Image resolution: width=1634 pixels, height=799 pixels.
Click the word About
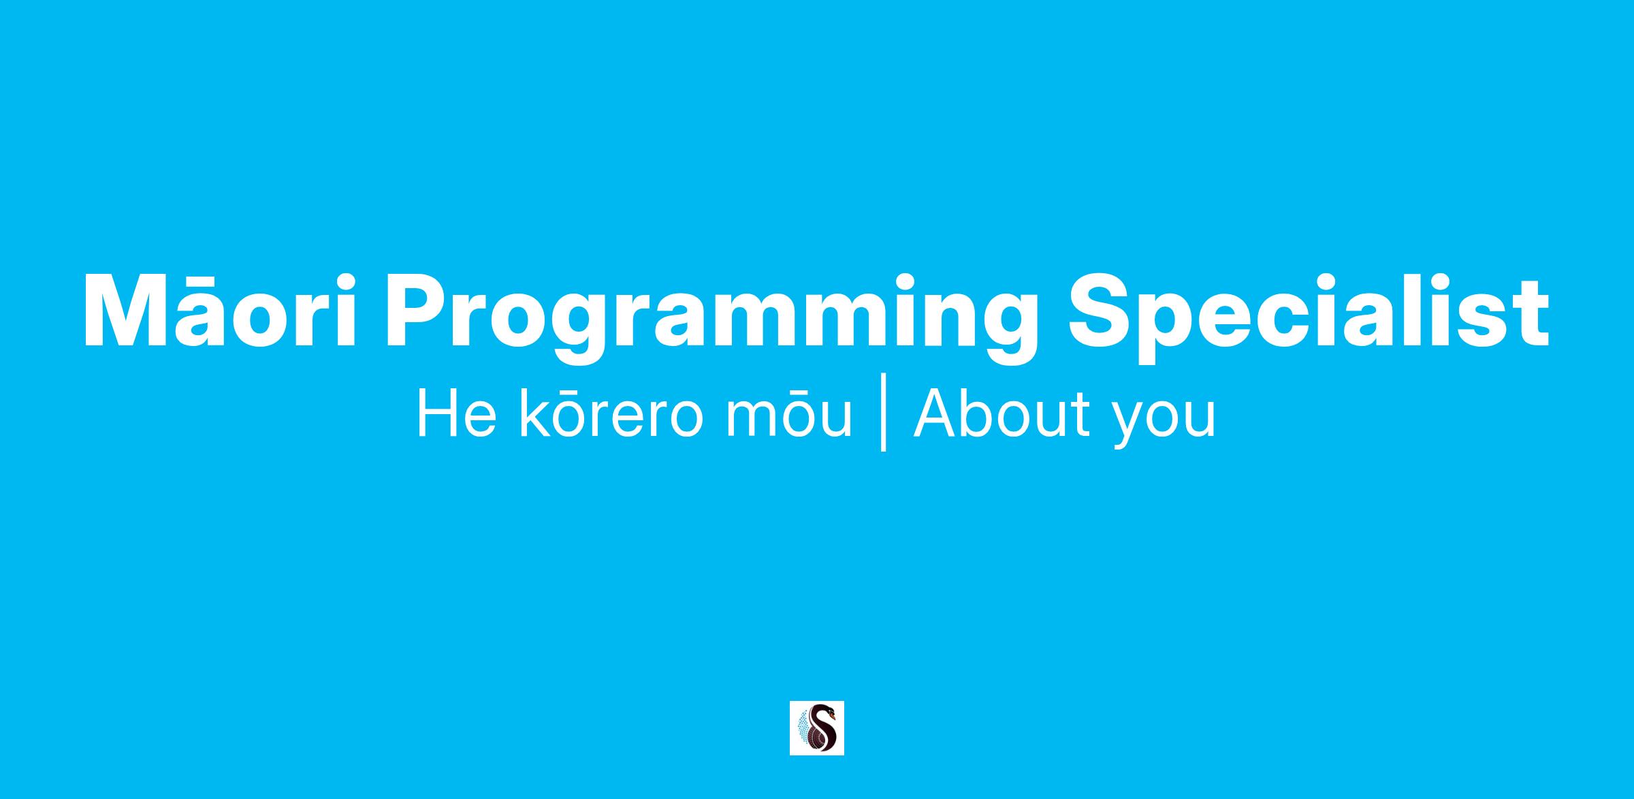(x=997, y=413)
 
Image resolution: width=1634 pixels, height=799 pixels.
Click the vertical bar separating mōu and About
(x=883, y=411)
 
